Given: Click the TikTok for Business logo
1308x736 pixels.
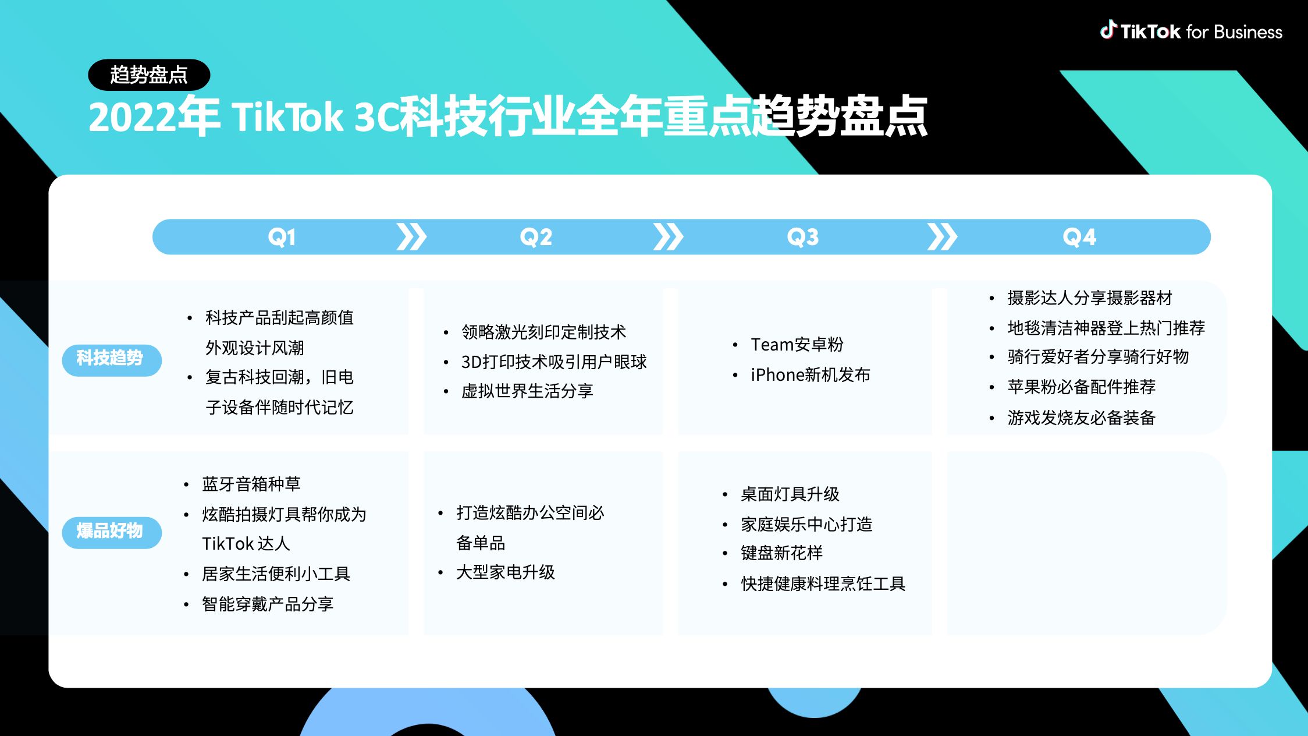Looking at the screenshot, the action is (1191, 31).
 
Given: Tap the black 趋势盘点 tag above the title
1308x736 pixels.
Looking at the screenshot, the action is (149, 75).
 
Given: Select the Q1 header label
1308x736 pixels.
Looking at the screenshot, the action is (282, 237).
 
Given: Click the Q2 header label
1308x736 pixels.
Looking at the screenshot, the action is (536, 237).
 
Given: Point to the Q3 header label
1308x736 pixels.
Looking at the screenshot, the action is (803, 237).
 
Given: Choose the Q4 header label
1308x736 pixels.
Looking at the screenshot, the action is (1079, 237).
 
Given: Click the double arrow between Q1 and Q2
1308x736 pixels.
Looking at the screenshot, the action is (411, 237).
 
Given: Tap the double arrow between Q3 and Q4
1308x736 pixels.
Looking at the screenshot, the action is (942, 237).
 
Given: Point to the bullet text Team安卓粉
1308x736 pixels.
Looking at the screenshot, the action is (797, 345).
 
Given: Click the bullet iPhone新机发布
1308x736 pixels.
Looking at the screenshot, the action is (811, 375).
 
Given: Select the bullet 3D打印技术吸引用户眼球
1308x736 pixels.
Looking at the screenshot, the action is (554, 362).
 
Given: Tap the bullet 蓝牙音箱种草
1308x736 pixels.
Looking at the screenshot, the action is (251, 484).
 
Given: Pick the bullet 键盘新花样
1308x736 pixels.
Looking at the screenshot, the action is (782, 553).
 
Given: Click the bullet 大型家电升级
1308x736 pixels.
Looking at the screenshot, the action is (506, 572).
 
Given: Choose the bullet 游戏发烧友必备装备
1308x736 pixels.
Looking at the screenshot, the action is (1082, 417).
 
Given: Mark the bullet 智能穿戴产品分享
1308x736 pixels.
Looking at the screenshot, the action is (268, 604).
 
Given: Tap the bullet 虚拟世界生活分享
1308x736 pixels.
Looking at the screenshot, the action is (527, 391).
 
